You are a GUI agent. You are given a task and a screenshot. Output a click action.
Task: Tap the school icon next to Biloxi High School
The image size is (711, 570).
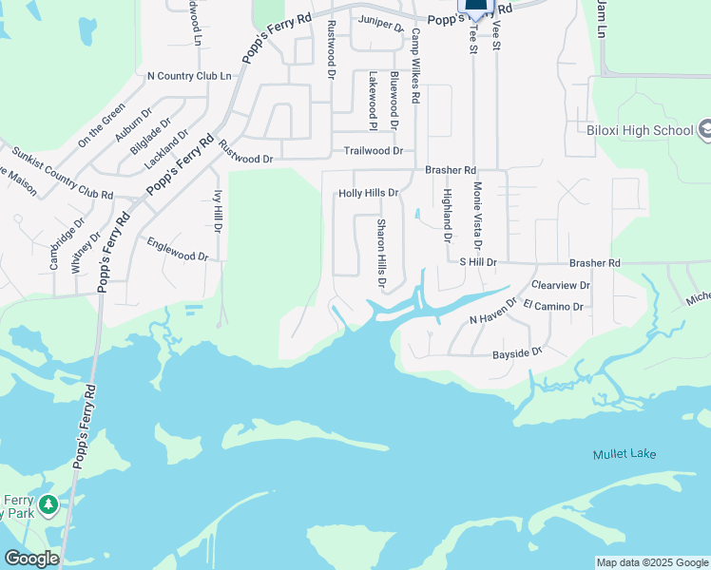pyautogui.click(x=705, y=128)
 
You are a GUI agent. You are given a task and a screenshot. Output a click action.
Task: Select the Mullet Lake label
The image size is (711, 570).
pyautogui.click(x=625, y=454)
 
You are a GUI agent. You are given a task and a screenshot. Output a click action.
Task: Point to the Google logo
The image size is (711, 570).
pyautogui.click(x=31, y=559)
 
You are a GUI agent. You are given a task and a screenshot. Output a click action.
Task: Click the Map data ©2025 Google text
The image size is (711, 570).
pyautogui.click(x=652, y=562)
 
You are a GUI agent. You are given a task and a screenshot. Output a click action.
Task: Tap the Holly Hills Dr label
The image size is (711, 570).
pyautogui.click(x=368, y=193)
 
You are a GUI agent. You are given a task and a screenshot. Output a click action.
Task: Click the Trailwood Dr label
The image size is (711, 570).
pyautogui.click(x=374, y=151)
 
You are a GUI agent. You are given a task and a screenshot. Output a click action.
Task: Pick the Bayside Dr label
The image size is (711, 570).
pyautogui.click(x=516, y=352)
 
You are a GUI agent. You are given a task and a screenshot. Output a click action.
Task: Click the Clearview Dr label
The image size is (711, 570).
pyautogui.click(x=561, y=285)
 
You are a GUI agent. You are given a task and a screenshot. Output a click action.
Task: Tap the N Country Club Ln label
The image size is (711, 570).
pyautogui.click(x=189, y=75)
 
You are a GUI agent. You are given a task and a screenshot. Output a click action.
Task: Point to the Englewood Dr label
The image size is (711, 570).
pyautogui.click(x=177, y=250)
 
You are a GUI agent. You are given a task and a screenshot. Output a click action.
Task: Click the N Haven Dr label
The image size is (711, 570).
pyautogui.click(x=492, y=313)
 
